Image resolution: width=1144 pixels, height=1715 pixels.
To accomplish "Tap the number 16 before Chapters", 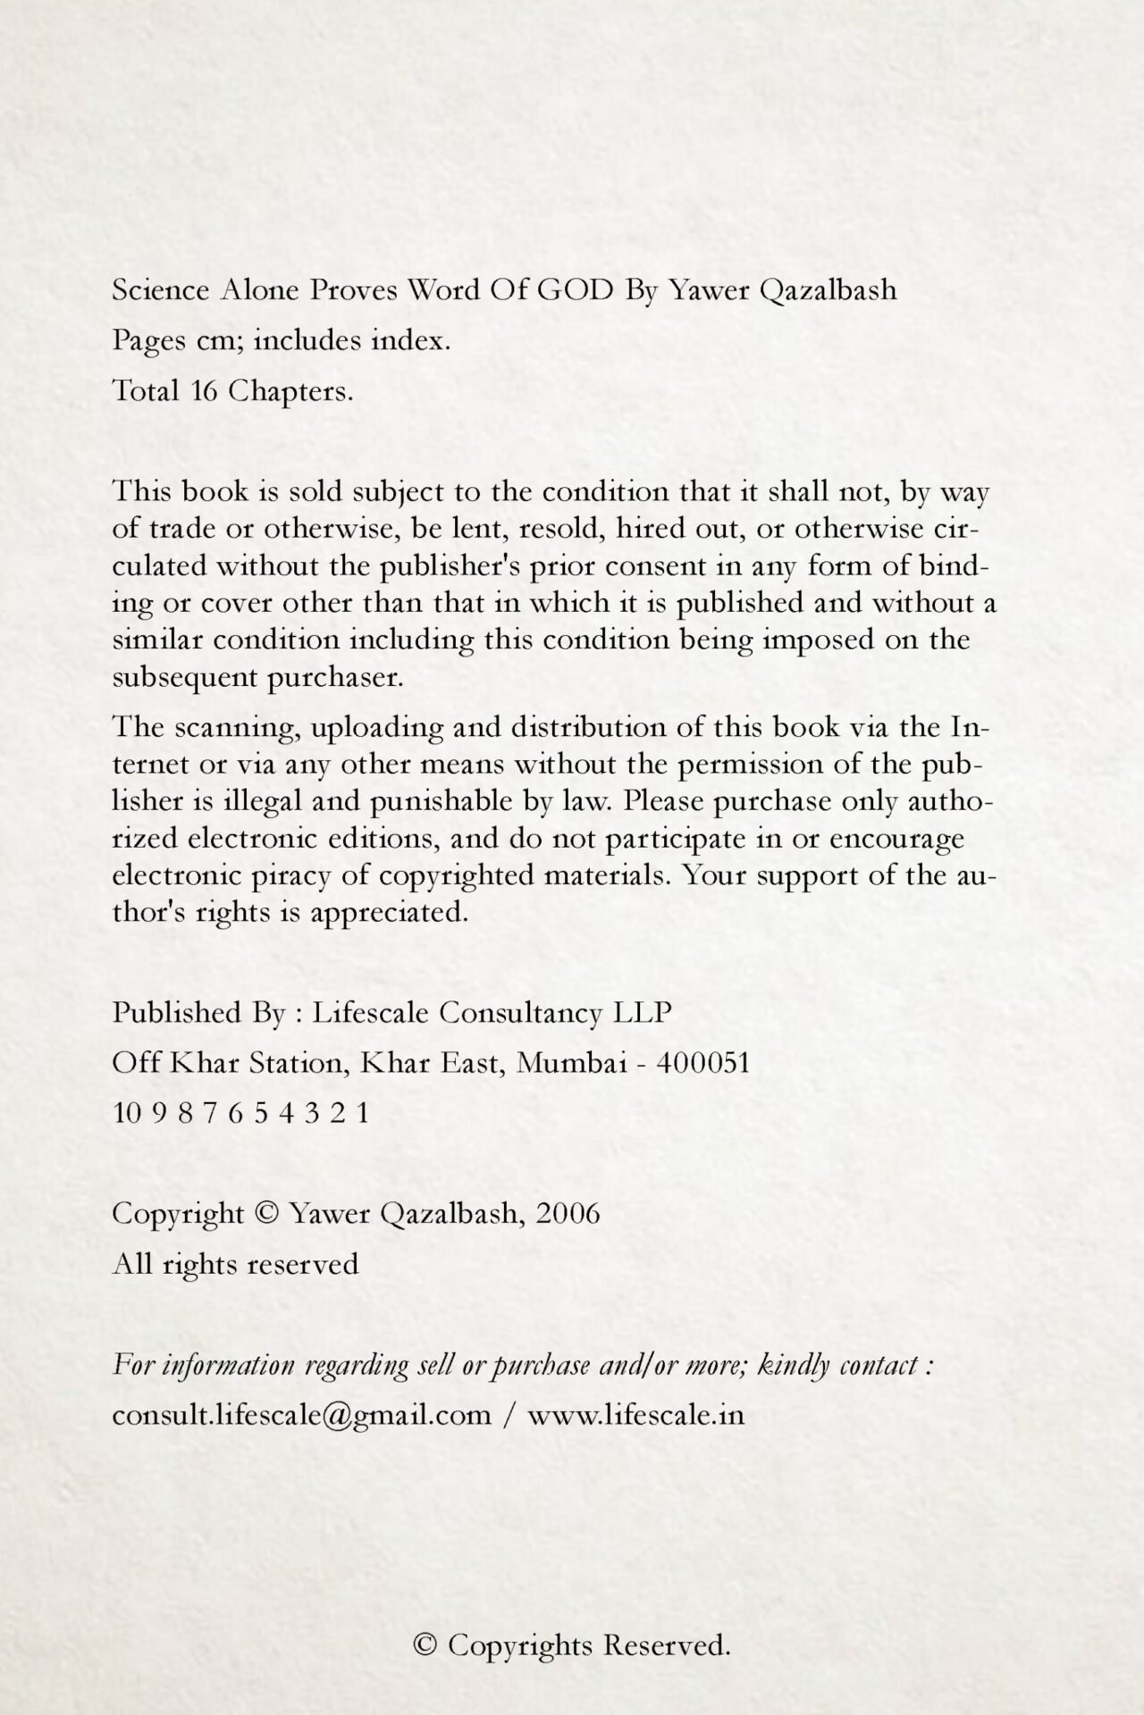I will click(204, 391).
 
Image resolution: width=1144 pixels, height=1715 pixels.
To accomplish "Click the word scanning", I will click(234, 728).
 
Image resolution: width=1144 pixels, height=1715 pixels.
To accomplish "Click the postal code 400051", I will click(702, 1063).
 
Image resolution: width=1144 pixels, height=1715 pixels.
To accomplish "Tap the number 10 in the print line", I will click(126, 1113).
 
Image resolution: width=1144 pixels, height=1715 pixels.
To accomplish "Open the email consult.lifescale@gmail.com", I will click(302, 1416).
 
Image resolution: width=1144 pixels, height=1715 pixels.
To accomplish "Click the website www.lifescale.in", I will click(635, 1416).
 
